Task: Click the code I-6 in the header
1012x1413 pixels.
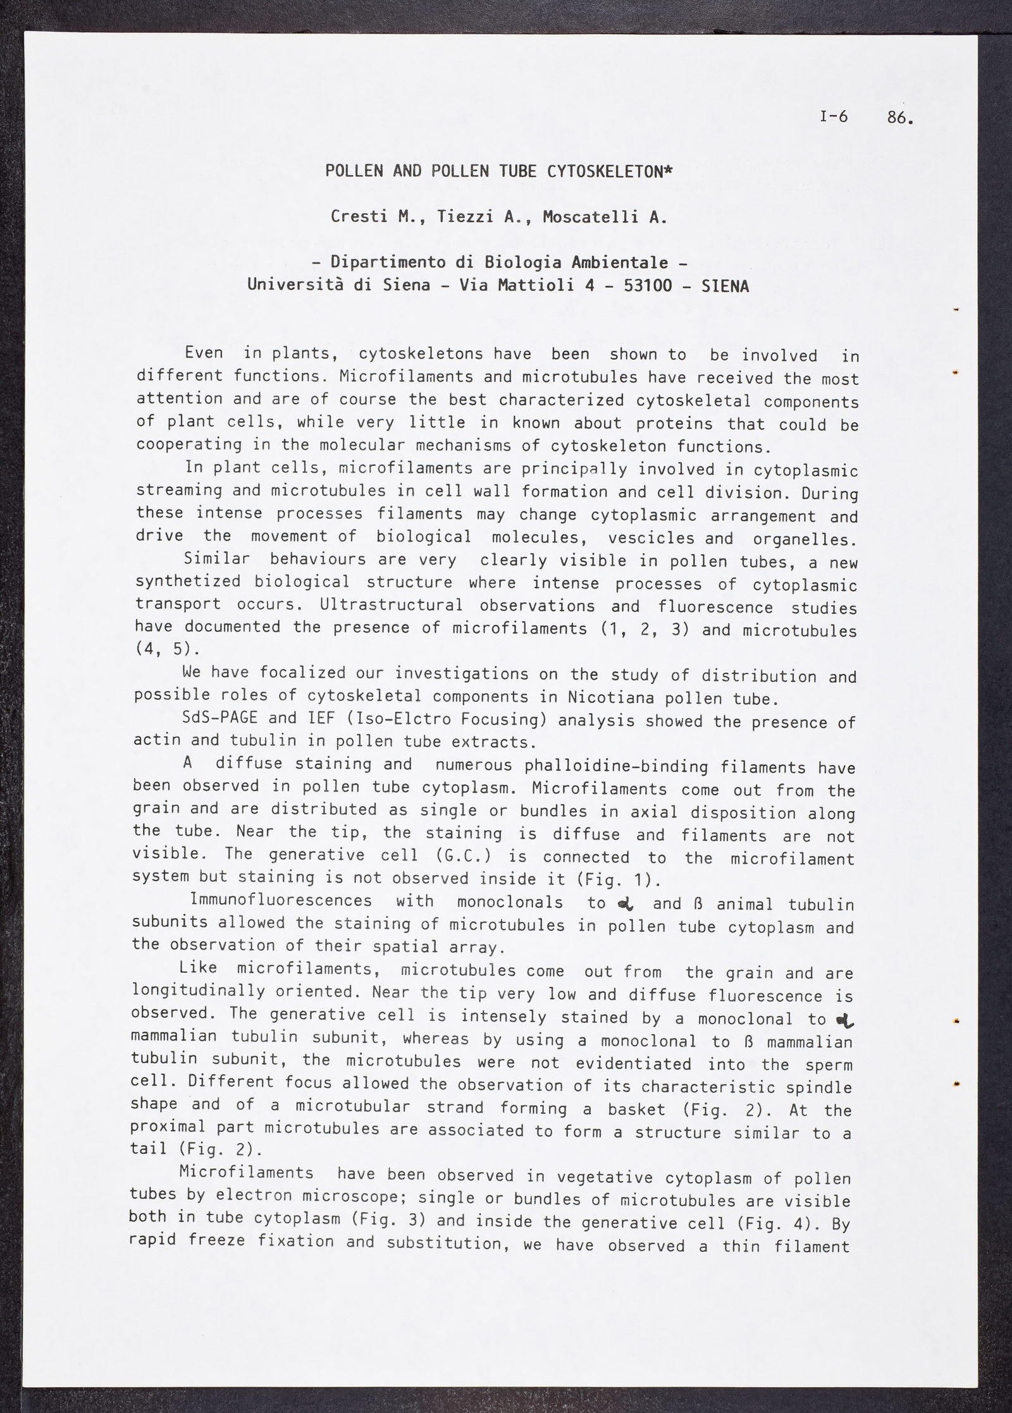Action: click(x=833, y=117)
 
